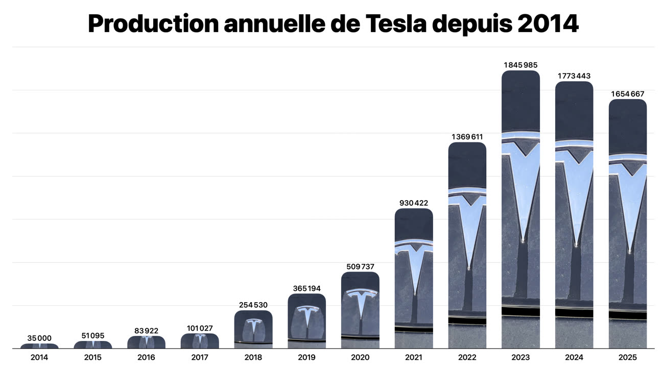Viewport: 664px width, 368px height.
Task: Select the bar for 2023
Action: (x=520, y=209)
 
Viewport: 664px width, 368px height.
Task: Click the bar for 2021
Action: (x=414, y=278)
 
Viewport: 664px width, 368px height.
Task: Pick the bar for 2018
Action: (x=253, y=329)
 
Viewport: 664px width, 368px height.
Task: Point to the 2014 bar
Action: (x=39, y=346)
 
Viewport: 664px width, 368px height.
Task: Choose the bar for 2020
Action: (x=360, y=310)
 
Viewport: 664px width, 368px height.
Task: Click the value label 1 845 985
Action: (x=520, y=65)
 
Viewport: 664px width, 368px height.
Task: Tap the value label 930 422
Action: (x=414, y=203)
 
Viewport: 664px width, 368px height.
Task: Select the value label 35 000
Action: (x=39, y=338)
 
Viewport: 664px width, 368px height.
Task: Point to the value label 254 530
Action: (x=253, y=305)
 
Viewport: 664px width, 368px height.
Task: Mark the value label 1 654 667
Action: (x=628, y=94)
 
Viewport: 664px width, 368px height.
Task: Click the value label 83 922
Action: (x=146, y=331)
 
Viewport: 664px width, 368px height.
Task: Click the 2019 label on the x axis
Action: (x=307, y=357)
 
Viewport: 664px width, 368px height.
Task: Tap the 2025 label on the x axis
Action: (x=628, y=357)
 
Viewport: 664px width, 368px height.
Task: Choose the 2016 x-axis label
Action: (x=146, y=357)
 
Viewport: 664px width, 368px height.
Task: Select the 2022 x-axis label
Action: (x=467, y=357)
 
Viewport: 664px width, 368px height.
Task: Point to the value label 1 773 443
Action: (x=574, y=76)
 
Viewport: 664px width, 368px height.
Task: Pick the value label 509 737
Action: (x=360, y=266)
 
